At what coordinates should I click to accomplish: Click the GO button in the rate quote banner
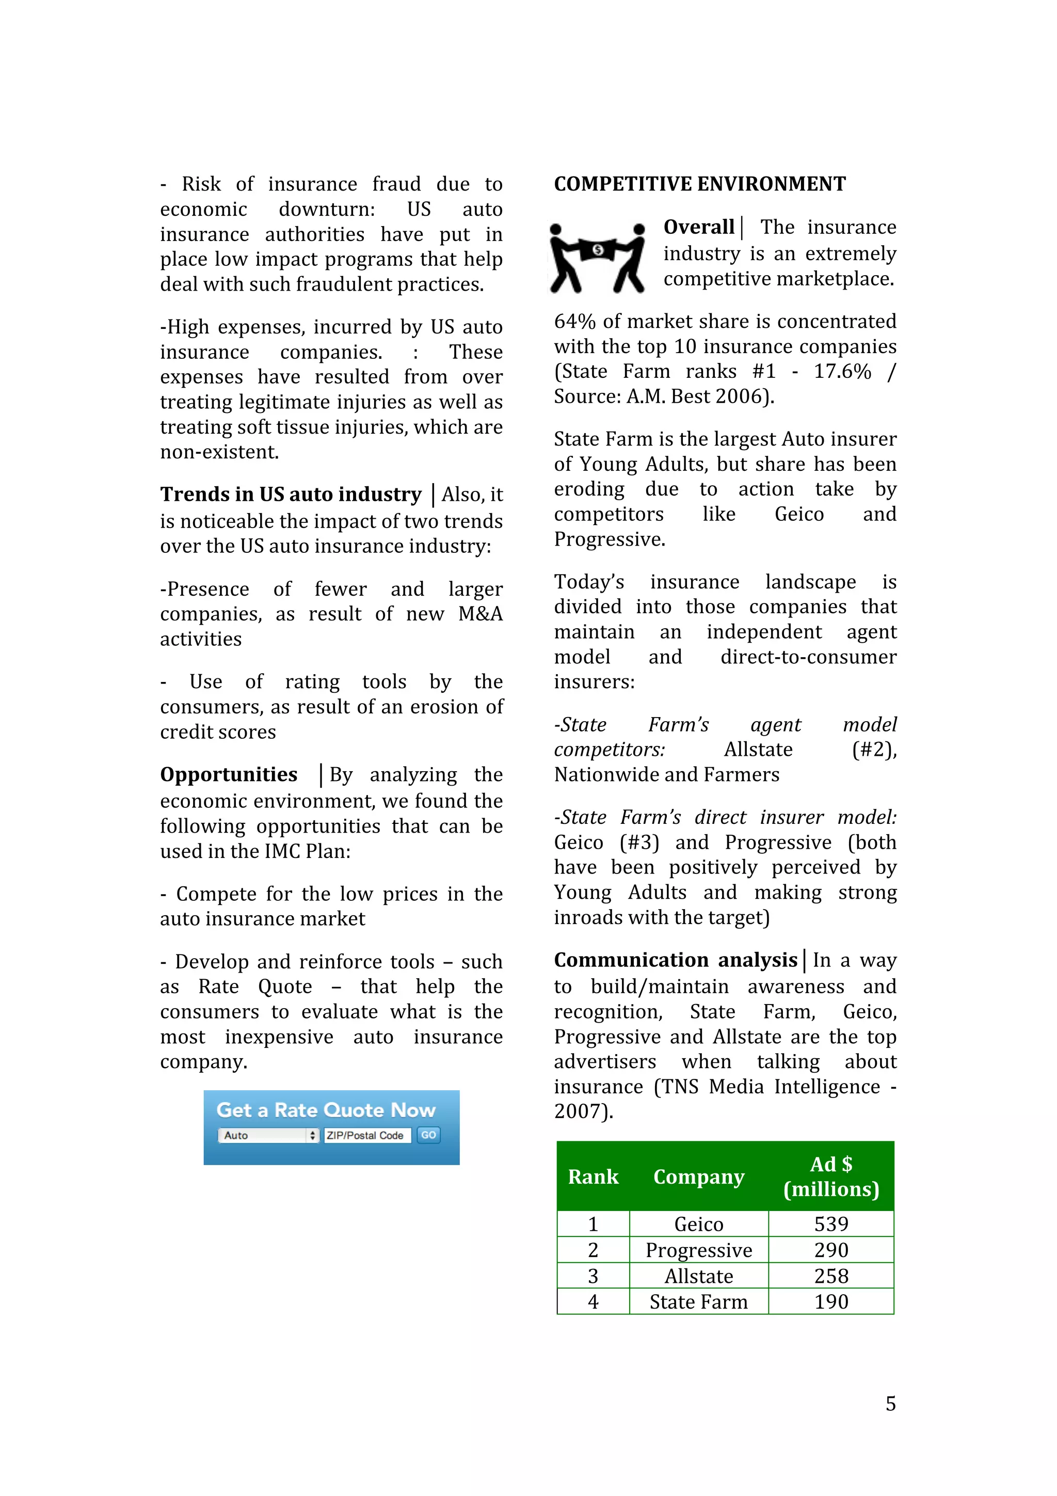(428, 1135)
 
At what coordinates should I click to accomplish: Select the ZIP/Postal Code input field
(366, 1135)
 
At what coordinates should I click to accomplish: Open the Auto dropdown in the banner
(268, 1135)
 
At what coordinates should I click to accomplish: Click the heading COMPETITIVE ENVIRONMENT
(699, 184)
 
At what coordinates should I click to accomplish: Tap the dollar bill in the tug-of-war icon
(598, 249)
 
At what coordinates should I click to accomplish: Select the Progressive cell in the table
(698, 1250)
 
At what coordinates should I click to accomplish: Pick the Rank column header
(592, 1177)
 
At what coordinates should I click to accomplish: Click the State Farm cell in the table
(698, 1301)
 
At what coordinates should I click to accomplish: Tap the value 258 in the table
(831, 1276)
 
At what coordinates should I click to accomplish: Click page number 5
(890, 1404)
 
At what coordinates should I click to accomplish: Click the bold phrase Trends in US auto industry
(291, 495)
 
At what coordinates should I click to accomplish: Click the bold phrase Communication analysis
(676, 960)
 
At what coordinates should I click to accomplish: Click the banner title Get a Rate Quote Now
(326, 1110)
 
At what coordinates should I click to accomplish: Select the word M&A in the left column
(480, 614)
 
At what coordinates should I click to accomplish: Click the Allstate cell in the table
(698, 1276)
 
